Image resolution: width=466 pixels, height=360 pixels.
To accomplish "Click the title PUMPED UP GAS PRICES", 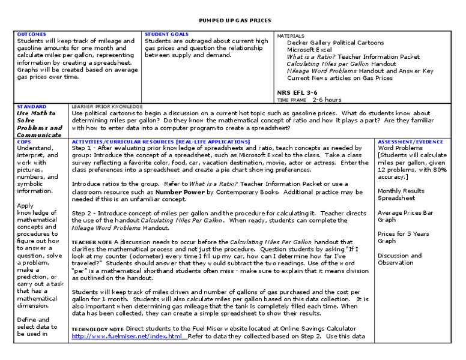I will click(231, 20).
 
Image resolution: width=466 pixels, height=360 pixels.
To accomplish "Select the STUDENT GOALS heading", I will click(166, 35).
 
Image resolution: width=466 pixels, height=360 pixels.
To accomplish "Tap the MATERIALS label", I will click(291, 36).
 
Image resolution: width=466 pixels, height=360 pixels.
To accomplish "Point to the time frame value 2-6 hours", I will click(327, 100).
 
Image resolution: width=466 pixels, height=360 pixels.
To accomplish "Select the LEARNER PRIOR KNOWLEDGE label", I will click(107, 106).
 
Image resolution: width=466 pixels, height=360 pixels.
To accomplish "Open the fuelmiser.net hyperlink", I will click(127, 336).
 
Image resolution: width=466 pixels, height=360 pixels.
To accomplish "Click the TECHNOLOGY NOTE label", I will click(98, 329).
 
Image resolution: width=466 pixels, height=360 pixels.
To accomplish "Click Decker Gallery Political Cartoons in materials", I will click(335, 43).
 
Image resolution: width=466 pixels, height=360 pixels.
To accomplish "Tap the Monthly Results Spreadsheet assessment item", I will click(401, 194).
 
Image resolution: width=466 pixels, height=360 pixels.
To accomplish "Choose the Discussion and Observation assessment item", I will click(399, 259).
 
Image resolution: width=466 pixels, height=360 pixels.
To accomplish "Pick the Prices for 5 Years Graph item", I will click(404, 238).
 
